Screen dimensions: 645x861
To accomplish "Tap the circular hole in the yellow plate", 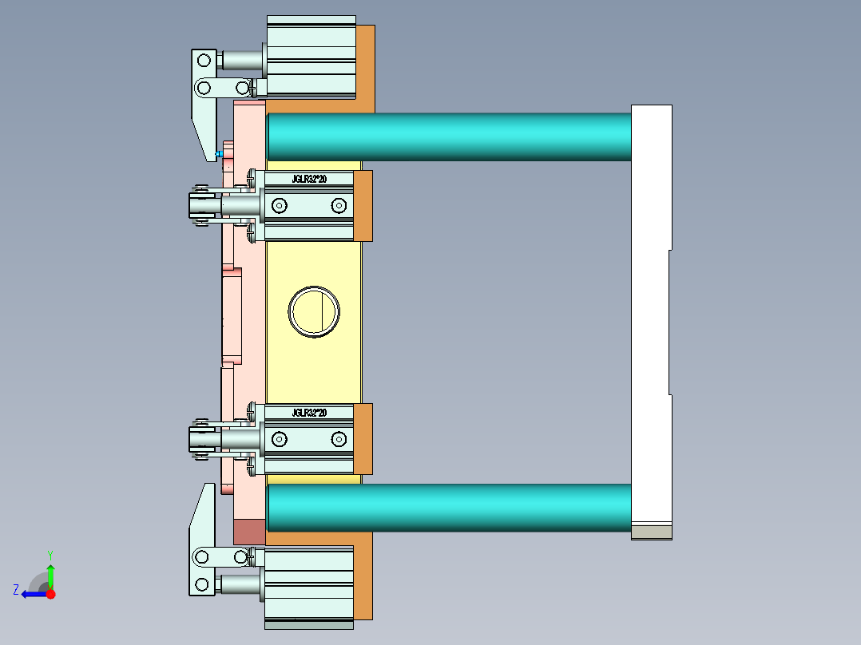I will click(314, 311).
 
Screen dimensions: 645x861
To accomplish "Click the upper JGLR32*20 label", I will click(309, 180).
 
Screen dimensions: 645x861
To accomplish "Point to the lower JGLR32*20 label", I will click(309, 413).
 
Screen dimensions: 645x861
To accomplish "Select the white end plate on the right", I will click(650, 319).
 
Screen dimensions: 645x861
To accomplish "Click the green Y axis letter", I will click(50, 554).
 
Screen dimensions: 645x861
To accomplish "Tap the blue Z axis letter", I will click(16, 590).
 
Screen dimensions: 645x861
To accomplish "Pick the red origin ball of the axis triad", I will click(50, 594).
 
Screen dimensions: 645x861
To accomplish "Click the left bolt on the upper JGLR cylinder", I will click(279, 206).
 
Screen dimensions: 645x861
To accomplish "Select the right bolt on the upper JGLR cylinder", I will click(339, 206).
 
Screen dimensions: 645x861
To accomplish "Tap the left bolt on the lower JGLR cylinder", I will click(279, 439).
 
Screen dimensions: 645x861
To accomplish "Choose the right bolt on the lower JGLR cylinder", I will click(339, 439).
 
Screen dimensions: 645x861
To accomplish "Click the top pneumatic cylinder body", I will click(310, 57).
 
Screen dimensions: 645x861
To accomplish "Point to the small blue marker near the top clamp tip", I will click(219, 153).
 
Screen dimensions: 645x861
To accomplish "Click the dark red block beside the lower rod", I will click(248, 532).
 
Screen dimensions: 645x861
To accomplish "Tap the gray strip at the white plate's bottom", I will click(651, 532).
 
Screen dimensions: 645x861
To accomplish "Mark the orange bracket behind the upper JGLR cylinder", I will click(363, 206).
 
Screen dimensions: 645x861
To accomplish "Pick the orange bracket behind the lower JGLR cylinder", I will click(363, 439).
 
